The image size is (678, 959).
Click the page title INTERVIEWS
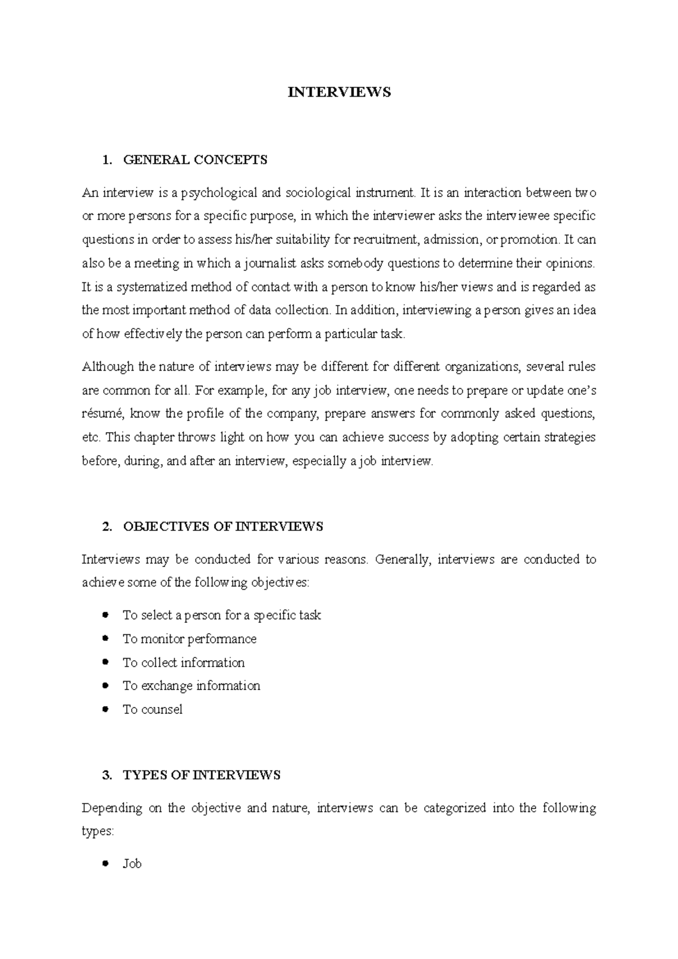(x=339, y=93)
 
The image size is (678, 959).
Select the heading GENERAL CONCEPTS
(x=195, y=160)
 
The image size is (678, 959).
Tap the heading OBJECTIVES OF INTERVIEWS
(x=223, y=526)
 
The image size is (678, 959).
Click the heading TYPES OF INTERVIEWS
(x=201, y=775)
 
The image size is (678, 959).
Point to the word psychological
(x=221, y=193)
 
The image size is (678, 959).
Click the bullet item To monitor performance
(x=189, y=639)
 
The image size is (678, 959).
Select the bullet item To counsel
(x=153, y=709)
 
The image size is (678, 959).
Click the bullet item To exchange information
(x=192, y=686)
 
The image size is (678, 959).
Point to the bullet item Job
(x=132, y=864)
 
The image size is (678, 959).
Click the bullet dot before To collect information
(x=105, y=662)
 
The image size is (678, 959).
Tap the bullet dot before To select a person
(x=105, y=615)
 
